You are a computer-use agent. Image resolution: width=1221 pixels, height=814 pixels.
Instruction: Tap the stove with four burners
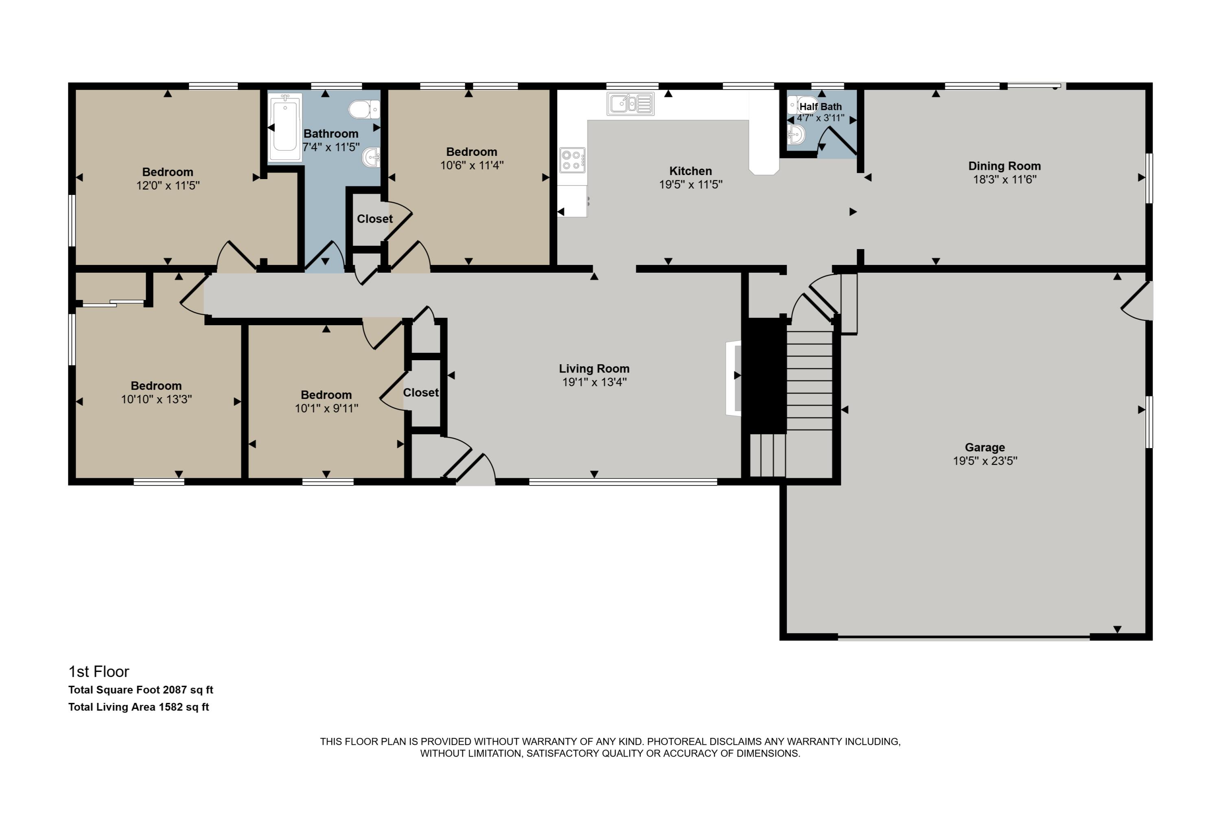(x=572, y=160)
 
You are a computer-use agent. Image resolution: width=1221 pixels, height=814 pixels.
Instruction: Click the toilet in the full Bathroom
(x=364, y=109)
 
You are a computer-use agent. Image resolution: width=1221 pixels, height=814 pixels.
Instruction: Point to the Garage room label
(x=985, y=447)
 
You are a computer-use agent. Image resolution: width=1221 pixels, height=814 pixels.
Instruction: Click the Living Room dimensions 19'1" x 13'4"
(x=594, y=382)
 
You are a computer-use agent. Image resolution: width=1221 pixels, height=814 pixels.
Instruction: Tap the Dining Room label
(x=1004, y=166)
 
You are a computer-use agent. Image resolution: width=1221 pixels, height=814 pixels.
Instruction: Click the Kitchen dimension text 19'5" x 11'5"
(x=690, y=184)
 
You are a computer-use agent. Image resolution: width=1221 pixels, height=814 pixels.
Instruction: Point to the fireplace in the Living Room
(x=733, y=378)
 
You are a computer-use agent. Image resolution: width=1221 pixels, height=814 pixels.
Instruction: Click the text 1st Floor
(x=98, y=672)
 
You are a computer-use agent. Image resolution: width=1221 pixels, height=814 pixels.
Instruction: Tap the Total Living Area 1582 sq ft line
(x=139, y=707)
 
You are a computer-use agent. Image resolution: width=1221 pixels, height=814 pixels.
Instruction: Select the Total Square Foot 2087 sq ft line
(x=141, y=690)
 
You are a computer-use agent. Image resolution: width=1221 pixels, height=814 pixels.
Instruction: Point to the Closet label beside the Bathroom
(x=375, y=219)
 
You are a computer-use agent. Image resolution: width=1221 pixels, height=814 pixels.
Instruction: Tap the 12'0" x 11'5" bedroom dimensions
(x=168, y=185)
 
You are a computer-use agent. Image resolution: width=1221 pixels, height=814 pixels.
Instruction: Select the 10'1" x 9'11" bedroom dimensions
(x=326, y=408)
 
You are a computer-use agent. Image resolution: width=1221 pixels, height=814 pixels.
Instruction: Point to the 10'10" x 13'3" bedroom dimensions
(x=156, y=399)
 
